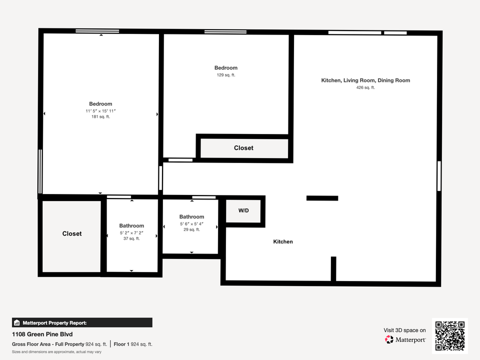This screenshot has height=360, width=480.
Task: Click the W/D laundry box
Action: point(243,211)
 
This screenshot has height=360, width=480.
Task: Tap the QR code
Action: point(450,336)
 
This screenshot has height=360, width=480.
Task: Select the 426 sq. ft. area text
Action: point(365,87)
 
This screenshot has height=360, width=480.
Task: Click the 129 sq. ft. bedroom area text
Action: point(226,75)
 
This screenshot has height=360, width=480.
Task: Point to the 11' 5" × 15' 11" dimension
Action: point(100,110)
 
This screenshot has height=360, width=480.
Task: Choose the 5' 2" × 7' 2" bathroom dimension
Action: point(131,233)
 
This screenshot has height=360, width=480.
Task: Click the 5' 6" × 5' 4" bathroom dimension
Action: point(191,223)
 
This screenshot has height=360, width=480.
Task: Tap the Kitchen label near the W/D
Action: point(283,242)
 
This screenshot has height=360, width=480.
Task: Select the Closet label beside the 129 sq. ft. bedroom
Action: point(243,148)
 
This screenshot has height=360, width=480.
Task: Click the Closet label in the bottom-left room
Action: point(72,233)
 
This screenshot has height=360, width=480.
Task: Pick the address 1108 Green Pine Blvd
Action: point(38,334)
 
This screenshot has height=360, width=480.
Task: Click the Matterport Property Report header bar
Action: point(82,322)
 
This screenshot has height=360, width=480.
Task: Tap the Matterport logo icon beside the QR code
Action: point(389,339)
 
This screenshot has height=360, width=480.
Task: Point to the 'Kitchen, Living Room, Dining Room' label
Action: point(365,80)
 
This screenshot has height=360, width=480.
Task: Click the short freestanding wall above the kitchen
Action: point(322,198)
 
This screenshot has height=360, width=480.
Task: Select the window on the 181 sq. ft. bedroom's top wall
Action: point(97,31)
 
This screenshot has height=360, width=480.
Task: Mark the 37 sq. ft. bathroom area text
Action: point(131,239)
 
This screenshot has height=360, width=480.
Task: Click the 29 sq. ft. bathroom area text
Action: point(191,230)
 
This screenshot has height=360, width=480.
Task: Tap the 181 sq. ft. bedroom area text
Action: point(100,117)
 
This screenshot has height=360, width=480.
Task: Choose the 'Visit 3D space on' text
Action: point(404,330)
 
